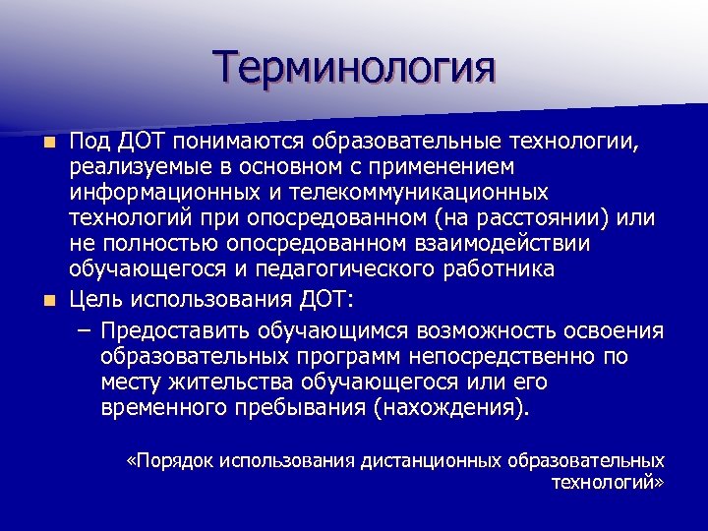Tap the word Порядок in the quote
click(177, 461)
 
